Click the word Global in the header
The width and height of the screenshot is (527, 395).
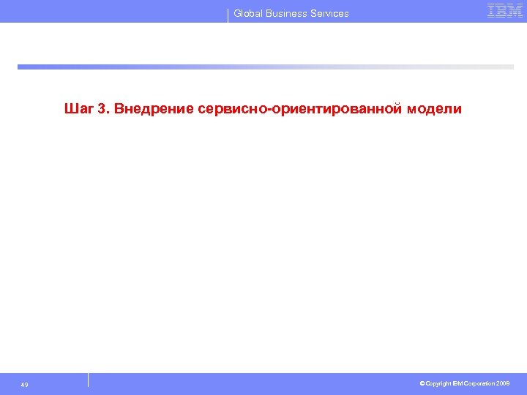pyautogui.click(x=248, y=13)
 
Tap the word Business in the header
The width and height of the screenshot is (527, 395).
pyautogui.click(x=287, y=13)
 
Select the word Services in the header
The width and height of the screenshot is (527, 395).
pyautogui.click(x=330, y=13)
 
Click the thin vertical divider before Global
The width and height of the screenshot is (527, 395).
pyautogui.click(x=228, y=15)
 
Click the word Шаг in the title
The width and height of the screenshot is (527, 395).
pyautogui.click(x=78, y=109)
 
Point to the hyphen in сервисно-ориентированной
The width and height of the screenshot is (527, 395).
pyautogui.click(x=272, y=110)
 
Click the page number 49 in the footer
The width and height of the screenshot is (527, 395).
pyautogui.click(x=25, y=385)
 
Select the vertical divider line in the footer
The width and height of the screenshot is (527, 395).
pyautogui.click(x=88, y=380)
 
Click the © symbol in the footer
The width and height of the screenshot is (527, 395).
pyautogui.click(x=422, y=384)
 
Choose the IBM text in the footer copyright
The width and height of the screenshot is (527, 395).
pyautogui.click(x=459, y=384)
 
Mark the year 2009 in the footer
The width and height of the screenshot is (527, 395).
pyautogui.click(x=503, y=384)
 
